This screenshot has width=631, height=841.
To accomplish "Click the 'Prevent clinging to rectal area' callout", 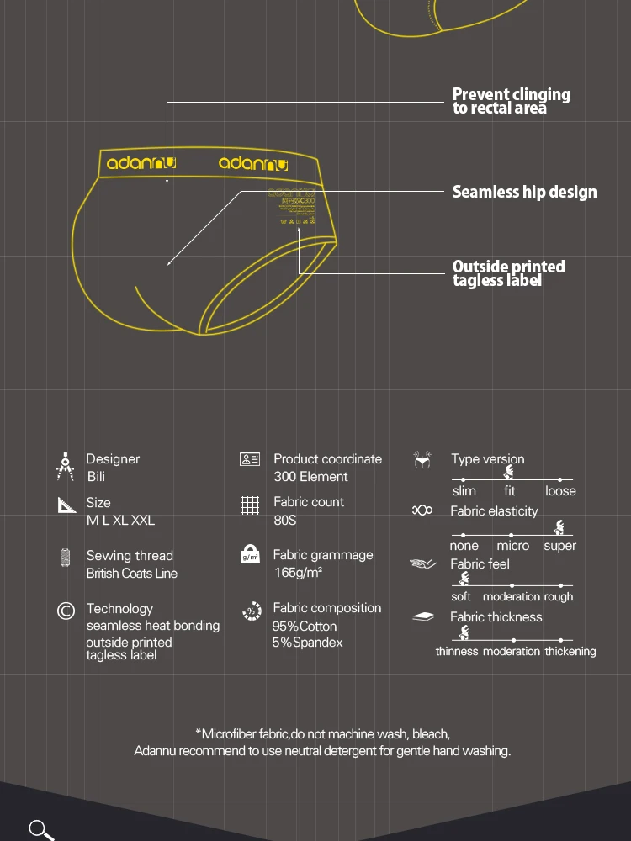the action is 511,101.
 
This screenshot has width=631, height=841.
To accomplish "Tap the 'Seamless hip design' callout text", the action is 524,192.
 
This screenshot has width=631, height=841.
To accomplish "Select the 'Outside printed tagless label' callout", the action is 508,273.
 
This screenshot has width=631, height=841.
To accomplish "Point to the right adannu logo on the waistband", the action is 252,163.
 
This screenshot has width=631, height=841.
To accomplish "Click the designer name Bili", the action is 96,477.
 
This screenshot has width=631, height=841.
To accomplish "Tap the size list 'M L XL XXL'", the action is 120,520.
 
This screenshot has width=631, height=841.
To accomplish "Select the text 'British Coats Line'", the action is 131,574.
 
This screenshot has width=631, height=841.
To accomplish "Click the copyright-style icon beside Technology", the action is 66,611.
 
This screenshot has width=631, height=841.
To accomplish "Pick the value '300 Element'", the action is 310,477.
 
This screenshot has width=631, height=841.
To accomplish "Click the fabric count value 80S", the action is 284,520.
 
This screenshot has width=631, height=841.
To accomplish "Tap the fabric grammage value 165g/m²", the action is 298,573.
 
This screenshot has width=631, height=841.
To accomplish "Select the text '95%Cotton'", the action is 304,626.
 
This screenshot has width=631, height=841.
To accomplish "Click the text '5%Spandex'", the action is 307,643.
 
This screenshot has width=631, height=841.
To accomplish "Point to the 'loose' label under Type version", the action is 560,491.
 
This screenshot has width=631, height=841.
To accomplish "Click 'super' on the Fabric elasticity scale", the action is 559,546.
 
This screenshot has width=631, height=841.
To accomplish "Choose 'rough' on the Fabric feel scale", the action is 558,597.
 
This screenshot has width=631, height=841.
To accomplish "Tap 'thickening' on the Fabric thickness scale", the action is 570,651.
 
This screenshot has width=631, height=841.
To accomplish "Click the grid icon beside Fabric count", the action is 250,505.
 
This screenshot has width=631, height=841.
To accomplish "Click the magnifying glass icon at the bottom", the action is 41,829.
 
